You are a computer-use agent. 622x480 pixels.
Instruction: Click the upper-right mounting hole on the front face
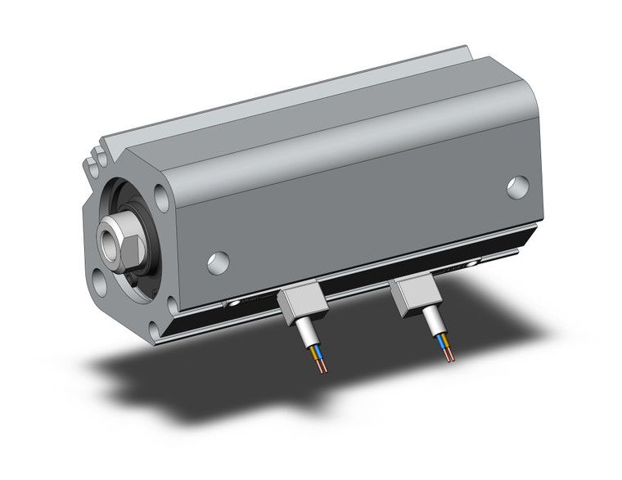click(161, 197)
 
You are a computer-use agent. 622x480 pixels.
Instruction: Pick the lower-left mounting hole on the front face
click(99, 282)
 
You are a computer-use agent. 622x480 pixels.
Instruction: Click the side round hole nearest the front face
click(217, 262)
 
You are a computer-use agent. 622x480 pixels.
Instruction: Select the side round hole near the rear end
click(516, 187)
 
